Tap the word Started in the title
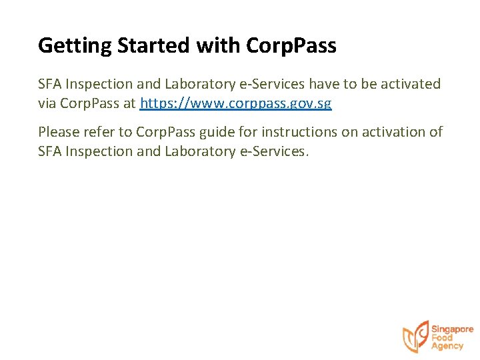point(154,46)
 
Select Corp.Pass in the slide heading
point(291,46)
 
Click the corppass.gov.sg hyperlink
point(236,104)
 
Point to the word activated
point(410,85)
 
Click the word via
point(47,104)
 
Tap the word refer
point(102,132)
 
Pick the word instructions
point(301,132)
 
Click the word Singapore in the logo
point(452,329)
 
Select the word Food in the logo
point(442,338)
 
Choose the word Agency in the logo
point(447,347)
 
